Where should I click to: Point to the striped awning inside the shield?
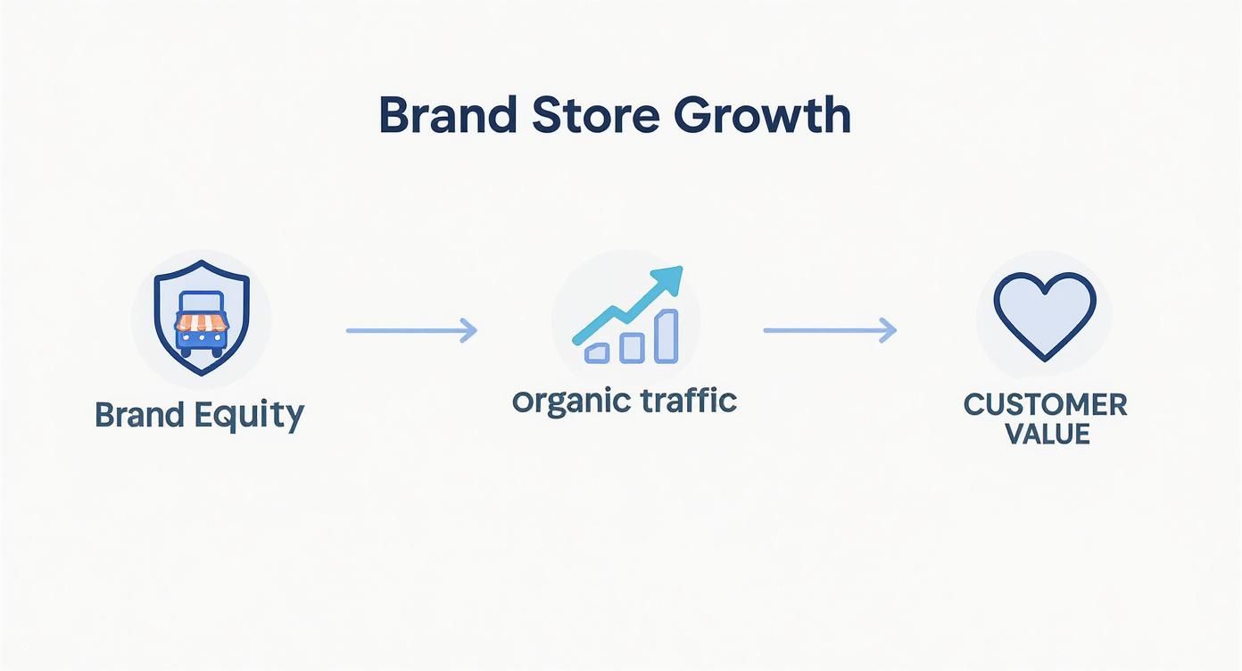click(203, 320)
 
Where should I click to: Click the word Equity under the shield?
click(258, 416)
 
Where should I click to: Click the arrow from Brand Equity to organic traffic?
click(411, 331)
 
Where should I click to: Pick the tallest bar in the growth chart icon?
click(666, 336)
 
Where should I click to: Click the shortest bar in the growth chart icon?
click(596, 352)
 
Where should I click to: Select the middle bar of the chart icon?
click(631, 346)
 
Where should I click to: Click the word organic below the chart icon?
click(566, 402)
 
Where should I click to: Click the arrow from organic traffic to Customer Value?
click(829, 331)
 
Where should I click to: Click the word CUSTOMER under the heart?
click(1045, 405)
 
